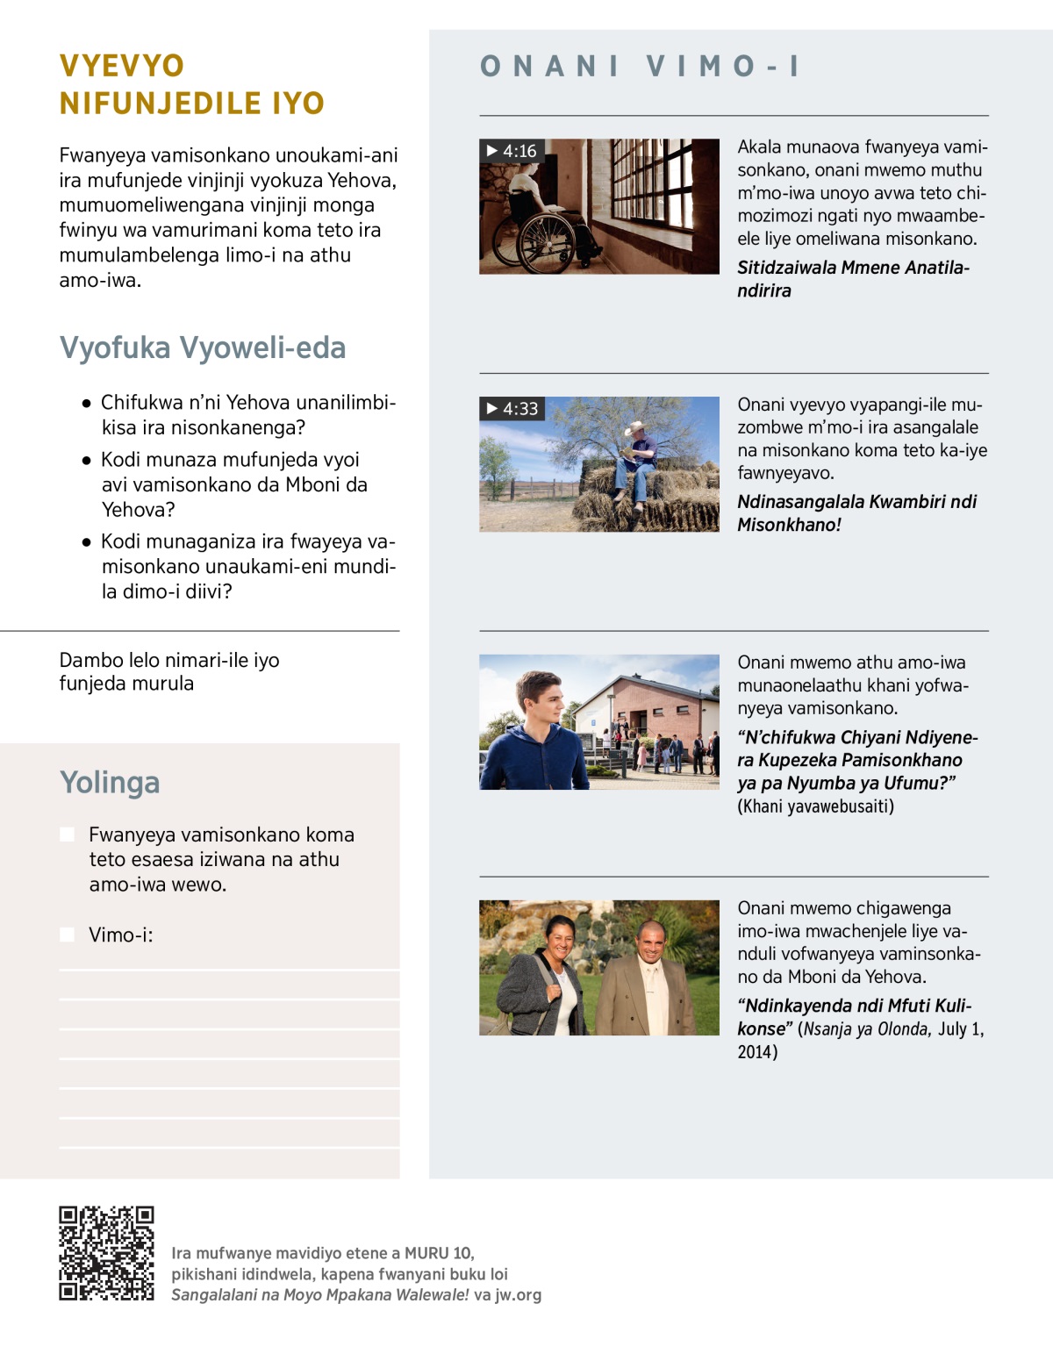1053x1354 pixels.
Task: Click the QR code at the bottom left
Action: (106, 1253)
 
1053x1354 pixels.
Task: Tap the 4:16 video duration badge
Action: (512, 151)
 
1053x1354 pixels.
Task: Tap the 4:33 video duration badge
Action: (512, 408)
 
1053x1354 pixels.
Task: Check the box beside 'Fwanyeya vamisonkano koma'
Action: (67, 835)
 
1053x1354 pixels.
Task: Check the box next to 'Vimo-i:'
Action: (67, 935)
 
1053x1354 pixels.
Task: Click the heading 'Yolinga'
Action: (110, 782)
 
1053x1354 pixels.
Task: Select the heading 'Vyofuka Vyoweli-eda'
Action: (203, 347)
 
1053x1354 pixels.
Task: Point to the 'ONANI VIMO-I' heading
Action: (641, 66)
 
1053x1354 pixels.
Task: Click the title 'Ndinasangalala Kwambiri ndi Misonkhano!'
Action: (856, 513)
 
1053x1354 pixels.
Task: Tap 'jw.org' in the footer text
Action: (518, 1294)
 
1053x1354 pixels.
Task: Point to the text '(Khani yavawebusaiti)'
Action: (815, 806)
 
